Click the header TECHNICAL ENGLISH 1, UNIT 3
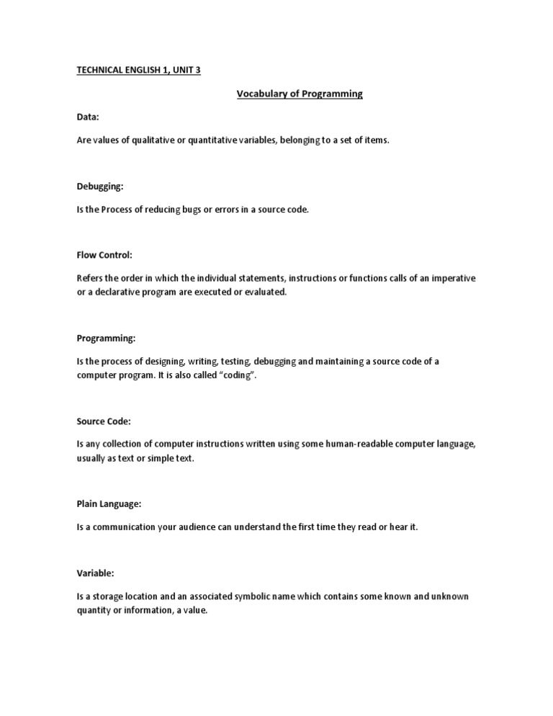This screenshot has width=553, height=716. [138, 71]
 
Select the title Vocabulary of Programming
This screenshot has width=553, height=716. [300, 94]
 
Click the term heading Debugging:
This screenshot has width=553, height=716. [100, 187]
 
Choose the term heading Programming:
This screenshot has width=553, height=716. [106, 338]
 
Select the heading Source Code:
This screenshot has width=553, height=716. [103, 421]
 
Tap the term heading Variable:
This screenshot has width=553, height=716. [96, 573]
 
